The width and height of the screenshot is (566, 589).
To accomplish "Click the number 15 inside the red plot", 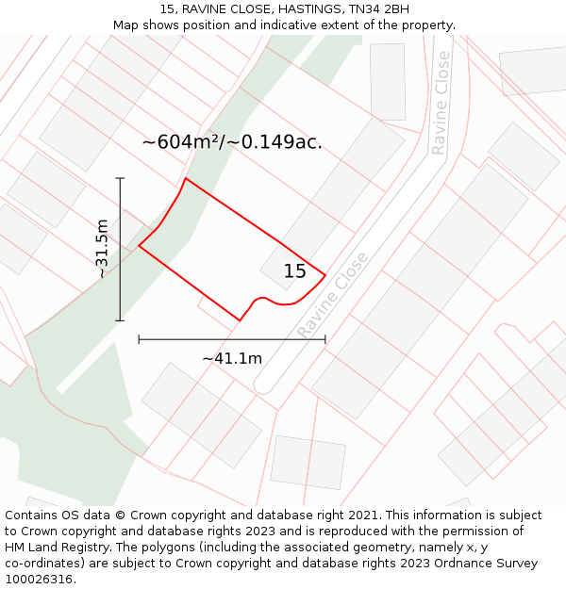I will click(295, 271).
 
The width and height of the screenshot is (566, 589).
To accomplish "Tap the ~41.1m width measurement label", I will click(232, 358).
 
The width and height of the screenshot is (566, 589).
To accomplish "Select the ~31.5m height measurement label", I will click(102, 249).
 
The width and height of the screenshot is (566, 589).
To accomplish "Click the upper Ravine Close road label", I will click(441, 116).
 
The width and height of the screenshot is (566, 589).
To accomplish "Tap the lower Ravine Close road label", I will click(333, 294).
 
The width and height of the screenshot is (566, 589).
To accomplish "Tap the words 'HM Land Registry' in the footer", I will click(58, 548).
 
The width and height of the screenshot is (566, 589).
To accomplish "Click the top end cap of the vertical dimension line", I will click(120, 178).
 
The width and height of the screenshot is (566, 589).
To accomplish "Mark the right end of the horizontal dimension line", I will click(325, 339).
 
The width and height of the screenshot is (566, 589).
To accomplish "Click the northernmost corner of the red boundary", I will click(185, 178).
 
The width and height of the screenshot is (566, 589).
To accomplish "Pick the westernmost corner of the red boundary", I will click(139, 246).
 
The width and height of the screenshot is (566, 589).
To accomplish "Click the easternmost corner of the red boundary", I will click(325, 275).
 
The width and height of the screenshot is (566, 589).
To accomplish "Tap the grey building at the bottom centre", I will click(308, 462).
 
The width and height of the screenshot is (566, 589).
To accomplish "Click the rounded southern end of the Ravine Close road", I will click(264, 386).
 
